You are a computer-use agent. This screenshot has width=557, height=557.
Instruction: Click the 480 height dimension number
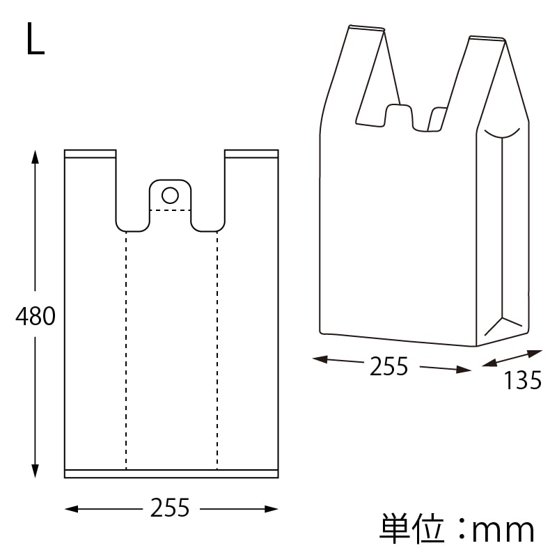pos(36,317)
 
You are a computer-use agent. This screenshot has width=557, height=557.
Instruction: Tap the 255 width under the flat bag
pos(171,508)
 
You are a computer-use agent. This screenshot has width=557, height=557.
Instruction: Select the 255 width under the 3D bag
pos(389,366)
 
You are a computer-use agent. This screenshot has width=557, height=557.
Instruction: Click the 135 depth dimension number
pos(522,380)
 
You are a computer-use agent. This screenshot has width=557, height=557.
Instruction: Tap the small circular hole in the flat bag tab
pos(170,194)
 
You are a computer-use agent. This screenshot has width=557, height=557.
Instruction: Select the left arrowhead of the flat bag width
pos(70,510)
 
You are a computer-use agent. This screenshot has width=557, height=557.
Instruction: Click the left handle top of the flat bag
pos(90,153)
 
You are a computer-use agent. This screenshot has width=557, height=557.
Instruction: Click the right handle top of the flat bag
pos(251,153)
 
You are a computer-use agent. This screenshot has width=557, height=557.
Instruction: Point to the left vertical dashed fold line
pos(126,348)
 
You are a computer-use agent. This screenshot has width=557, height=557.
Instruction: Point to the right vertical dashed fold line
pos(217,348)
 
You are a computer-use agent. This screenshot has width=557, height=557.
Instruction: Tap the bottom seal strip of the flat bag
pos(171,473)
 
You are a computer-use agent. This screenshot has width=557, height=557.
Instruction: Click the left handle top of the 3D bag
pos(366,29)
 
